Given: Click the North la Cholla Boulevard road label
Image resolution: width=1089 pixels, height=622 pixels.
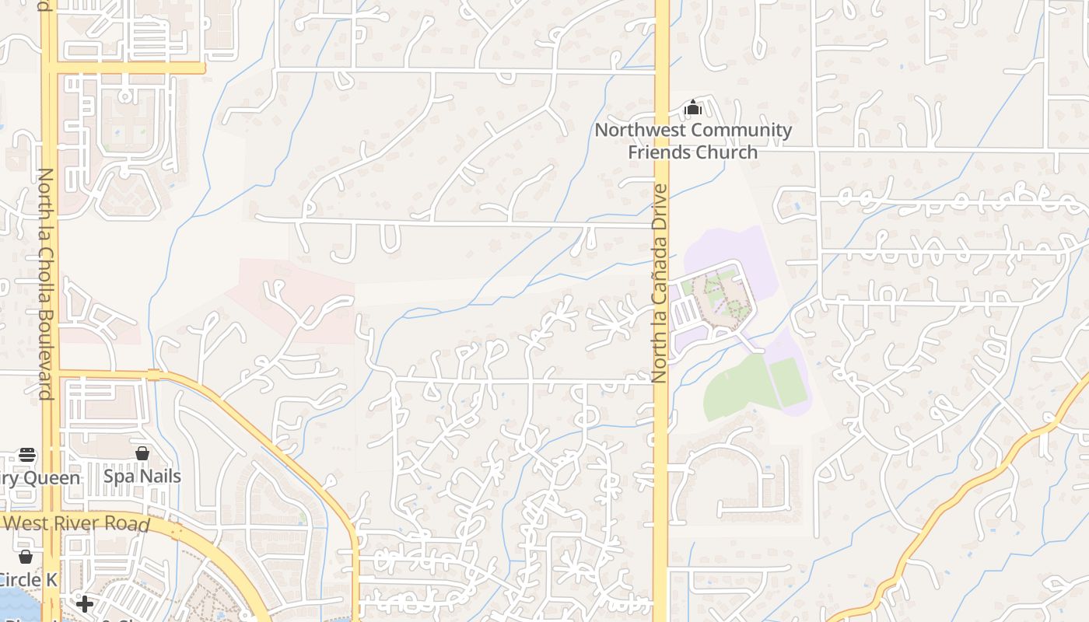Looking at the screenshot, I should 45,283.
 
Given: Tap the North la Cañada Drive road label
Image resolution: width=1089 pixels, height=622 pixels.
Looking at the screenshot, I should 660,283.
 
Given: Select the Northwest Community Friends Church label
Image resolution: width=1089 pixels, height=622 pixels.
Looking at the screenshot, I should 693,141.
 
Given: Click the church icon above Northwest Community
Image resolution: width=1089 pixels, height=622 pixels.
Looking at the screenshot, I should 693,107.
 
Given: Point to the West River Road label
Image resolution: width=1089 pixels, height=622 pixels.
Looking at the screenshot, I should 76,522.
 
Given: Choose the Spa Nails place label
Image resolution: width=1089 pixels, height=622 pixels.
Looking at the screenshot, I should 142,476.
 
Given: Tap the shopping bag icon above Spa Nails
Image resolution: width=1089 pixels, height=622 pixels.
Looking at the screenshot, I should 142,453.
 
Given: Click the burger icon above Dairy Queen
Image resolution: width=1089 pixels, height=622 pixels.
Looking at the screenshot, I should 27,454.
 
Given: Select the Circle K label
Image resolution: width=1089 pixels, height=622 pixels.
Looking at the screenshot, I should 28,579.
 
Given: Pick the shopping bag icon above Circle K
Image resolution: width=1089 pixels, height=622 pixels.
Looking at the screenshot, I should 26,556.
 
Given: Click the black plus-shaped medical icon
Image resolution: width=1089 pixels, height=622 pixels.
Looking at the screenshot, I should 85,603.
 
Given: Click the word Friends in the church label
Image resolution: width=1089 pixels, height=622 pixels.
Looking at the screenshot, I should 660,152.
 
